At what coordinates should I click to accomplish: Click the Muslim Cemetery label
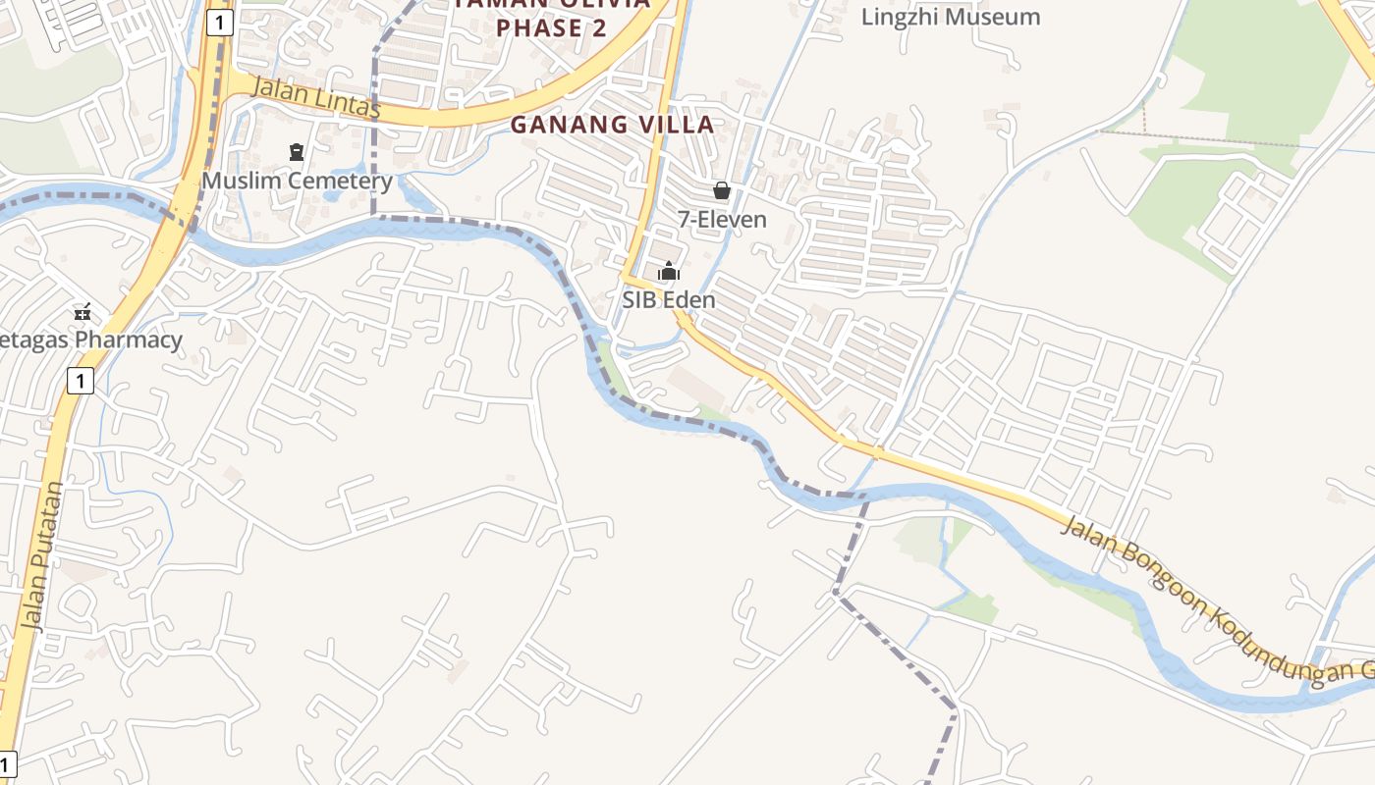click(x=297, y=181)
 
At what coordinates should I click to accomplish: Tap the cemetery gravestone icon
click(x=297, y=152)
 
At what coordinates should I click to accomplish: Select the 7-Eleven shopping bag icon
click(x=722, y=190)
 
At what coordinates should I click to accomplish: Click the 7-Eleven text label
click(x=722, y=219)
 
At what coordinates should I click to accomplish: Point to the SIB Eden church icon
click(x=669, y=272)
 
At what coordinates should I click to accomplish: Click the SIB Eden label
click(x=669, y=299)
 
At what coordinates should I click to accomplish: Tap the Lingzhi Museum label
click(x=950, y=17)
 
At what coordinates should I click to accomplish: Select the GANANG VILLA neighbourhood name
click(x=612, y=125)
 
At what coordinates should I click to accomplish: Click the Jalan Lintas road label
click(x=316, y=97)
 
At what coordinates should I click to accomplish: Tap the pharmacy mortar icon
click(x=82, y=313)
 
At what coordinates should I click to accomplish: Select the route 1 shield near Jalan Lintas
click(x=220, y=23)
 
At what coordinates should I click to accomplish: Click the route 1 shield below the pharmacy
click(x=81, y=380)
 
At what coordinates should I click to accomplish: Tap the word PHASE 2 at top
click(x=551, y=27)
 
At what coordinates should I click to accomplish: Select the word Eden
click(x=692, y=299)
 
